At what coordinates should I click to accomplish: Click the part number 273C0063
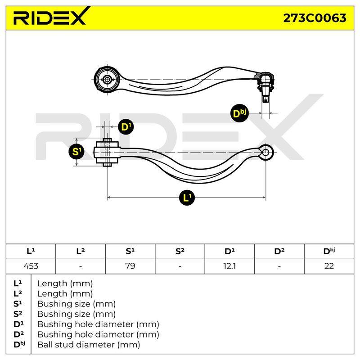315,18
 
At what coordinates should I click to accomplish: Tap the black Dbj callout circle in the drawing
239,113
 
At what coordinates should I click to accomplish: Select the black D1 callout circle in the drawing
126,127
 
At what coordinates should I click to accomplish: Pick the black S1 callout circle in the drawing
76,152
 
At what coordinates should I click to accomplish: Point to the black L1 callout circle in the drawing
187,198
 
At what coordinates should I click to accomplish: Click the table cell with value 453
31,266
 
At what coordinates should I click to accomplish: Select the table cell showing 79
130,266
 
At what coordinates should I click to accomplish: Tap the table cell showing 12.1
229,266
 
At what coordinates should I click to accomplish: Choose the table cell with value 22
329,266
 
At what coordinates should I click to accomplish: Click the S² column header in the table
180,252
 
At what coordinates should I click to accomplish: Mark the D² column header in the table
279,252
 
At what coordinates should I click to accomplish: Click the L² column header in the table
81,252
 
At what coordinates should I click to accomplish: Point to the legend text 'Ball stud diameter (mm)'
89,344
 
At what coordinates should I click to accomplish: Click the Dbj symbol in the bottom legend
19,344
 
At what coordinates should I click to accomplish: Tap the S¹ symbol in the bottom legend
18,304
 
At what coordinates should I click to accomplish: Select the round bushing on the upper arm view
107,80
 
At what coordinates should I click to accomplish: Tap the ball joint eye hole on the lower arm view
266,152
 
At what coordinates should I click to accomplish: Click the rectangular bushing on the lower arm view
107,153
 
